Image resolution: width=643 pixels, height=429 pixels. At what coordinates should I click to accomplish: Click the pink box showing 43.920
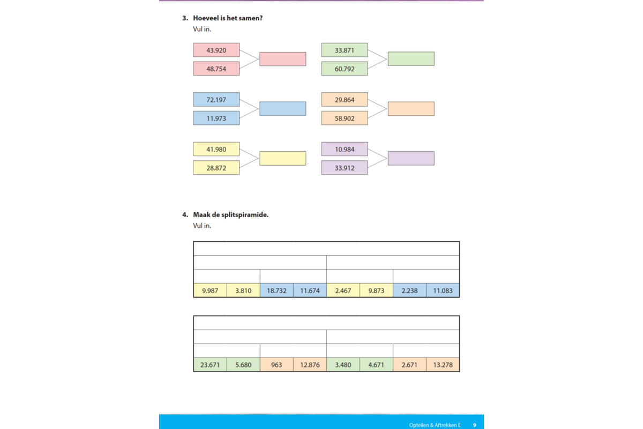(216, 50)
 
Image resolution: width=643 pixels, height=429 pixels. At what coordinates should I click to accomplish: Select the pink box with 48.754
(216, 69)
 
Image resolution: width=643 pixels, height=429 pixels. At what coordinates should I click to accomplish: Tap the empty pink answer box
(283, 59)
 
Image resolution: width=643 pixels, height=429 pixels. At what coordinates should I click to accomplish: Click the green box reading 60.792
(345, 69)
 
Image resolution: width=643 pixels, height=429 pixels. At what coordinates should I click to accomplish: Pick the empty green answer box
(411, 59)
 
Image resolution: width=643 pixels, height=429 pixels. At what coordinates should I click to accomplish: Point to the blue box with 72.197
(216, 99)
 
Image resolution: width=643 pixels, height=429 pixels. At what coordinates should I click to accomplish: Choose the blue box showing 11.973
(216, 118)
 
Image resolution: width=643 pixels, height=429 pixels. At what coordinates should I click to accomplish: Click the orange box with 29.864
(345, 99)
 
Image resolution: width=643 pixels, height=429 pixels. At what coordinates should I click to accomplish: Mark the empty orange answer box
(411, 109)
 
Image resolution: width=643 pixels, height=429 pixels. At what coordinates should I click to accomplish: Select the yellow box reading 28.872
(216, 167)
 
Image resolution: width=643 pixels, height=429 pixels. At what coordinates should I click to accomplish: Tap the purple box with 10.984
(345, 149)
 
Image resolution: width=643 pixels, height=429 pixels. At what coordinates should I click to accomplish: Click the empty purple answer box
(411, 158)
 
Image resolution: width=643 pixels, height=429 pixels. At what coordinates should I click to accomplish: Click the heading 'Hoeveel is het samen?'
(228, 18)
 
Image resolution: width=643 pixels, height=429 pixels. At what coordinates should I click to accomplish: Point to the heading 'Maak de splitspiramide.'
(230, 214)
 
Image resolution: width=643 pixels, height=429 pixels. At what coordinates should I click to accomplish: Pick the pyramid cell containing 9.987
(210, 291)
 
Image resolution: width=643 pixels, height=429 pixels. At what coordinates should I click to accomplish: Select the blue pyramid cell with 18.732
(276, 291)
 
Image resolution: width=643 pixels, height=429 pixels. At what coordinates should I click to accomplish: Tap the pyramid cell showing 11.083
(443, 291)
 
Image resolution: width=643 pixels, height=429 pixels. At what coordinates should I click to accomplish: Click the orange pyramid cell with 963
(276, 365)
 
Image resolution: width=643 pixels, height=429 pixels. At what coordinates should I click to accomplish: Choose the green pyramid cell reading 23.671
(210, 365)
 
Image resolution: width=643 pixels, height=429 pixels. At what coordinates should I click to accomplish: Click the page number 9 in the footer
(475, 425)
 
